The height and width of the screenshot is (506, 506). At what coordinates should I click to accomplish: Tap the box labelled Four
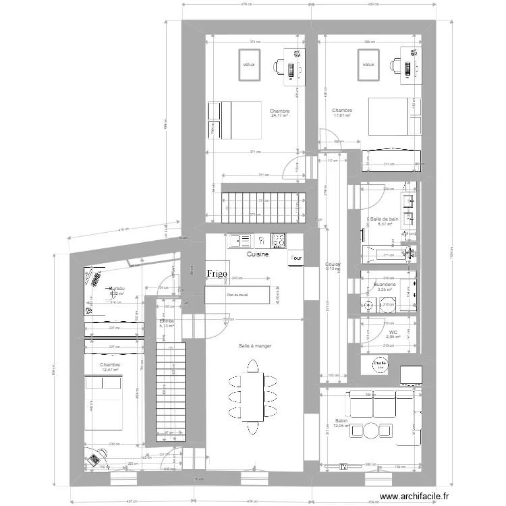coord(296,258)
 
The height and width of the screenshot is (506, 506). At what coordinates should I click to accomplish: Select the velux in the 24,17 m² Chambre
coord(249,65)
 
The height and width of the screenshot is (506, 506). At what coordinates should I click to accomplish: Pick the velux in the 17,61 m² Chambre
coord(368,65)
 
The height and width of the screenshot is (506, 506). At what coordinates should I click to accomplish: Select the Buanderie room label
coord(384,285)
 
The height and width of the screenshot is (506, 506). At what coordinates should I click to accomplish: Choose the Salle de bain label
coord(385,219)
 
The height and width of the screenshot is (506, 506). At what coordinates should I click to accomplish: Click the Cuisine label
coord(258,255)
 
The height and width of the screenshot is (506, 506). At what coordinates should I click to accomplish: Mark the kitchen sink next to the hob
coord(240,240)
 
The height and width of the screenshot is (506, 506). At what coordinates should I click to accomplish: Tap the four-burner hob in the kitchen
coord(279,240)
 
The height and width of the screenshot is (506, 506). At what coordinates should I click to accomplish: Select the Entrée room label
coord(166,321)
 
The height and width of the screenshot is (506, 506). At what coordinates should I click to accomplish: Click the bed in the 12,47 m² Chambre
coord(103,403)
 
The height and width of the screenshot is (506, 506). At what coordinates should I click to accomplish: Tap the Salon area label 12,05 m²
coord(341,426)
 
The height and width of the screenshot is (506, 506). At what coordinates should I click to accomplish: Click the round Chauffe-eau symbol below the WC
coord(379,364)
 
